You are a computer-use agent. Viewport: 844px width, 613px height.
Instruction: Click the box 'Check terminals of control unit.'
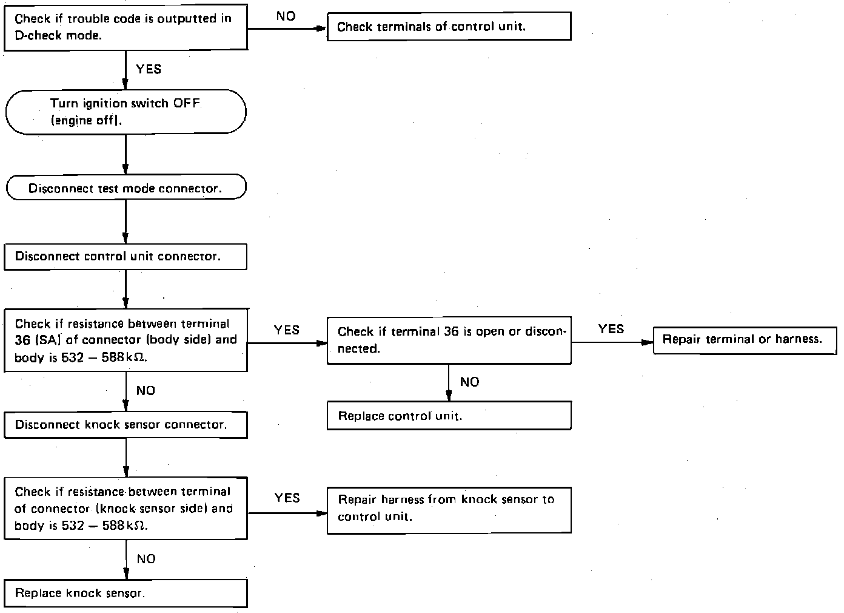449,27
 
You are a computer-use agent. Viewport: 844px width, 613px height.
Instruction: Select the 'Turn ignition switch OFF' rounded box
126,112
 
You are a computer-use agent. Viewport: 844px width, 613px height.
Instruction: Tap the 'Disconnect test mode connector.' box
126,188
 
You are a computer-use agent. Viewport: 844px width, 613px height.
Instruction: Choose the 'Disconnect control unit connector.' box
126,257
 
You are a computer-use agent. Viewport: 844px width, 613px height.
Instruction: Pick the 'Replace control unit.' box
449,416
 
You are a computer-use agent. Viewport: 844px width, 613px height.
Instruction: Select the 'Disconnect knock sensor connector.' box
126,425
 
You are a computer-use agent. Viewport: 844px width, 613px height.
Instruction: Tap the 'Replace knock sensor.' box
126,593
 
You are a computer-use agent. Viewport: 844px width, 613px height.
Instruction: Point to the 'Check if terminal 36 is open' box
449,340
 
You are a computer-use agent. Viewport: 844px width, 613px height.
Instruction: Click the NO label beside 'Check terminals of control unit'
286,16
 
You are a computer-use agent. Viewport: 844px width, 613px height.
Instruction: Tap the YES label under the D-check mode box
149,69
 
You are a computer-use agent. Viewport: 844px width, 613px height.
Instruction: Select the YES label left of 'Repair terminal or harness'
611,329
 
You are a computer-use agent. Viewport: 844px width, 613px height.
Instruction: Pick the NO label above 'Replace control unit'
469,382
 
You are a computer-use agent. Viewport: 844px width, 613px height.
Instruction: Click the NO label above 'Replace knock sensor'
146,559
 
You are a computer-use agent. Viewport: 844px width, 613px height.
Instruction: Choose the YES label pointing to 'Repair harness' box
287,498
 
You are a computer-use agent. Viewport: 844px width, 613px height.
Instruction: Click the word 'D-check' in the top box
36,35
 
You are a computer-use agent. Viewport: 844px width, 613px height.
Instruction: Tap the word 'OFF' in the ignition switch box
186,103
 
